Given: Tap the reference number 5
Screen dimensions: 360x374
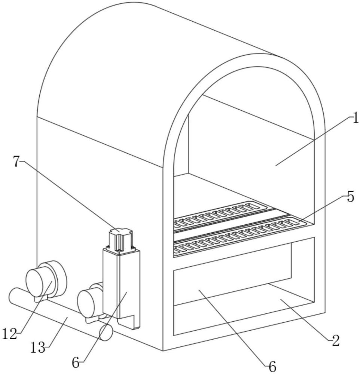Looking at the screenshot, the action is (350, 197).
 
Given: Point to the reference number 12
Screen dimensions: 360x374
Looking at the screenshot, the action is (10, 334).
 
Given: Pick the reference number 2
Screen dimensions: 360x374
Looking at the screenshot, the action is (336, 341).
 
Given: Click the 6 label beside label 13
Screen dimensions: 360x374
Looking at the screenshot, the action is (76, 363).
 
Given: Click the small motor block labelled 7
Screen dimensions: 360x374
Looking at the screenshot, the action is (120, 240).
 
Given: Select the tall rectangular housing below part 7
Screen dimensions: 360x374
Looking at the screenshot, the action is (121, 289).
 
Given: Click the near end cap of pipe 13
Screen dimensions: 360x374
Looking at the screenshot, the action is (106, 332).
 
